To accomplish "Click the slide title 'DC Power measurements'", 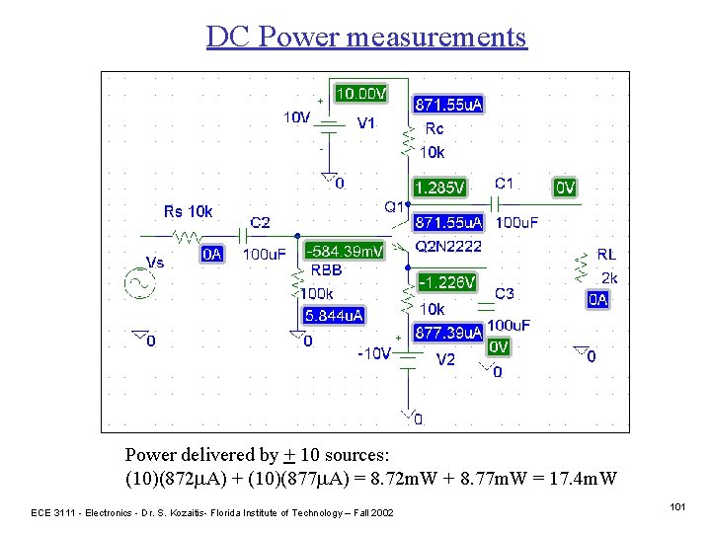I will tap(366, 37).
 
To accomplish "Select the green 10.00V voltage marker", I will tap(360, 94).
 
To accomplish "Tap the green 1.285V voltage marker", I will tap(439, 187).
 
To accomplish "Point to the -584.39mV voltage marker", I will tap(345, 252).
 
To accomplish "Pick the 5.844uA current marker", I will tap(335, 316).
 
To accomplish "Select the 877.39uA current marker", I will tap(447, 333).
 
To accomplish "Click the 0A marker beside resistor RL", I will tap(597, 299).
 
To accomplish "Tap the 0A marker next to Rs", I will tap(212, 255).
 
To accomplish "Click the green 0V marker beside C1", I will tap(565, 187).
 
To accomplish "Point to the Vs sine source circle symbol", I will tap(138, 283).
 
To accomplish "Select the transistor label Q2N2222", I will tap(449, 245).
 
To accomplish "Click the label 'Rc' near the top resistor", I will tap(434, 128).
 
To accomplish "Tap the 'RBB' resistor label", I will tap(327, 269).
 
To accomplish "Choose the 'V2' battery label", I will tap(446, 359).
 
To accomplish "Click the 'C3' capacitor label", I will tap(505, 293).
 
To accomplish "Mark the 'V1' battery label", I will tap(365, 123).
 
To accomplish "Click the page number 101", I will tap(676, 506).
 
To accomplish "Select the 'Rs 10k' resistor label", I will tap(188, 211).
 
